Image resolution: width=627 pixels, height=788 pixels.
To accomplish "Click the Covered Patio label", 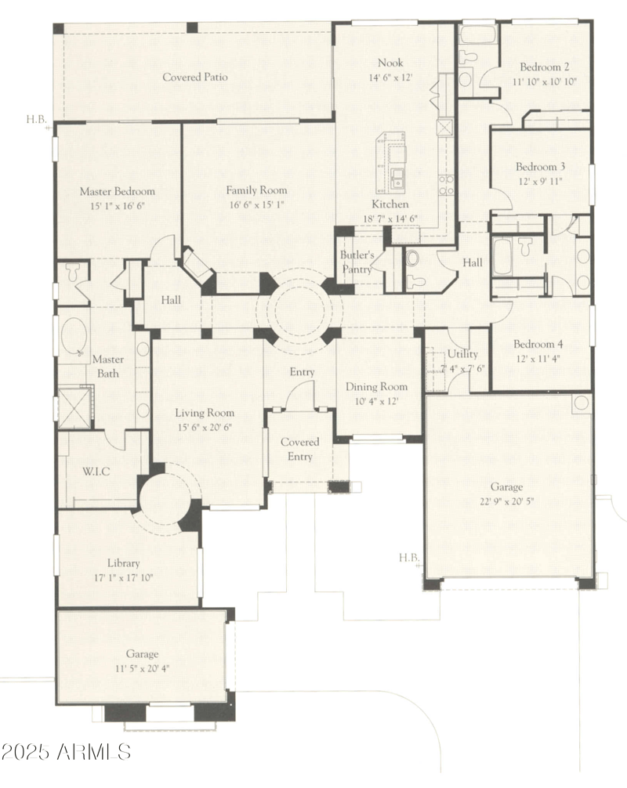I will [x=195, y=78].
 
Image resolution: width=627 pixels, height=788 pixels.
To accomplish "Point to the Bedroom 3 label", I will [x=540, y=167].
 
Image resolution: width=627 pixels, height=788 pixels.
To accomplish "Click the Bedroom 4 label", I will [x=540, y=344].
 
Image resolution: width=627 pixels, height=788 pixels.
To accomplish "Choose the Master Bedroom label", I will [x=118, y=191].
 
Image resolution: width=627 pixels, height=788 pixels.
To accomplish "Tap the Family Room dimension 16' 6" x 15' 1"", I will [x=256, y=204].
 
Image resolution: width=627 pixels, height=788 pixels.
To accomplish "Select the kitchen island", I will [x=391, y=164].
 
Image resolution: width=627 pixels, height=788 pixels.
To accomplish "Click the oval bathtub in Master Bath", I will [x=74, y=338].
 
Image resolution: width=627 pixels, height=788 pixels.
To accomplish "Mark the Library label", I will [x=124, y=563].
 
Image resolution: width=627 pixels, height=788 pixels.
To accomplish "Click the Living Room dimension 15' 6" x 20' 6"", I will [x=204, y=428].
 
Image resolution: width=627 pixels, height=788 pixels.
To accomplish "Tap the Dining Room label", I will [x=378, y=387].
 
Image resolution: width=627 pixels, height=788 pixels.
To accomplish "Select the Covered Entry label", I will [x=299, y=450].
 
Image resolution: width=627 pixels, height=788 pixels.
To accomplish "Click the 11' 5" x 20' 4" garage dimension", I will [x=142, y=667].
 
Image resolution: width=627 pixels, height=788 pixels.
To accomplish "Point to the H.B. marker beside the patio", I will [x=37, y=120].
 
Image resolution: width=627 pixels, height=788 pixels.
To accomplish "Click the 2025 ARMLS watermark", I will [x=67, y=754].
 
